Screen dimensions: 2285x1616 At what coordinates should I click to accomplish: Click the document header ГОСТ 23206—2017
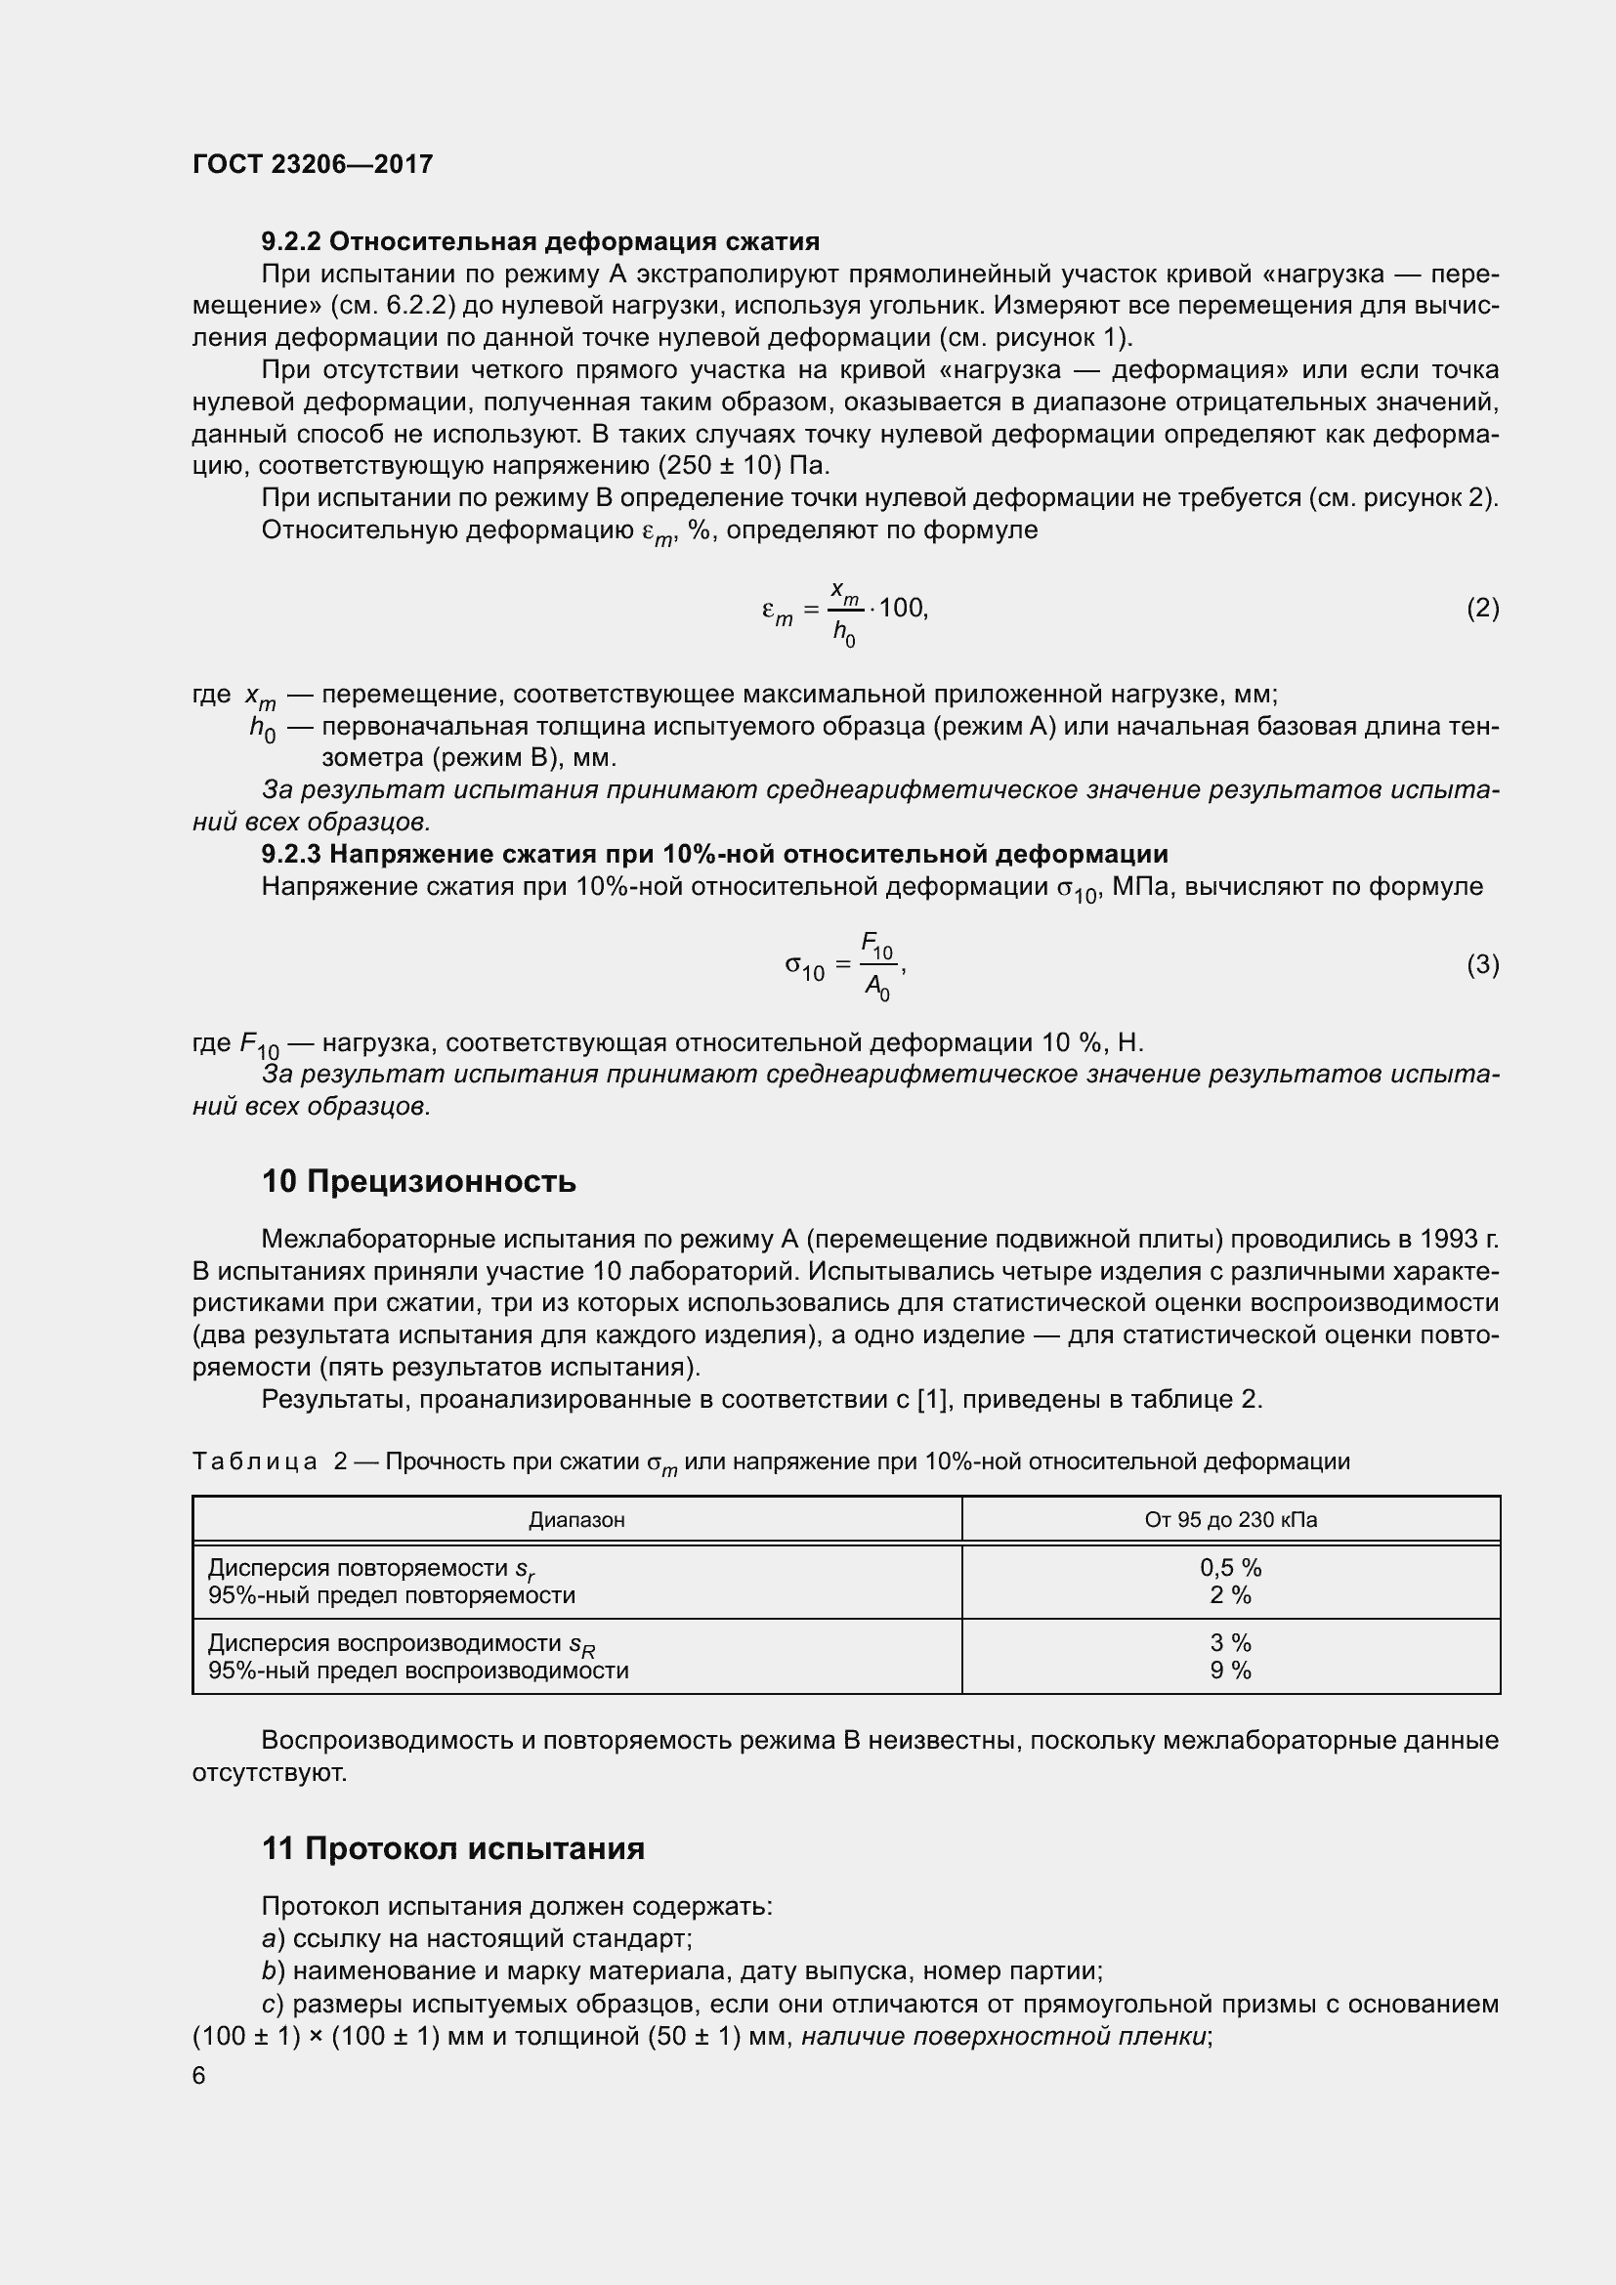click(313, 164)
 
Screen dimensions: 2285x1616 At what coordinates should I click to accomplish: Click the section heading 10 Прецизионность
click(419, 1181)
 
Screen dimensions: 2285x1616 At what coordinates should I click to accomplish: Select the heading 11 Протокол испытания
click(452, 1848)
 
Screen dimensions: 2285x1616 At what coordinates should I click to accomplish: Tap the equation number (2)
click(1482, 608)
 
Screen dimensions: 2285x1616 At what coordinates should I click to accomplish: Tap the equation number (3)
click(1482, 964)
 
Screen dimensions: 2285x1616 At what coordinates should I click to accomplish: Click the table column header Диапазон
click(576, 1520)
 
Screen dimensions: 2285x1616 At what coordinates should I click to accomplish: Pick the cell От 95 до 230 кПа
click(1230, 1520)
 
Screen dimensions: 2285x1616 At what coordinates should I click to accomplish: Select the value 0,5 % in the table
click(1230, 1567)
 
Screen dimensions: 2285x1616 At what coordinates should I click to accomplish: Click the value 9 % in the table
click(1230, 1670)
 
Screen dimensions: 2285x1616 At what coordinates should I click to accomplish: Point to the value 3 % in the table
click(1230, 1642)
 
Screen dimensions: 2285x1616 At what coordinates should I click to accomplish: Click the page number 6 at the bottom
click(199, 2075)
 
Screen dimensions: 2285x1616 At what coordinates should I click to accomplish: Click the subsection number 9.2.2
click(290, 242)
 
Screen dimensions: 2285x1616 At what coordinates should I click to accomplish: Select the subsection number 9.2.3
click(290, 854)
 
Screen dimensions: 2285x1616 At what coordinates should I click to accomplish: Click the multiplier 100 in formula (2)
click(901, 608)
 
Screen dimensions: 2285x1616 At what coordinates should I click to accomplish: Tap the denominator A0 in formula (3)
click(876, 988)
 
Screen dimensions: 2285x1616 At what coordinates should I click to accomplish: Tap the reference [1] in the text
click(930, 1399)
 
